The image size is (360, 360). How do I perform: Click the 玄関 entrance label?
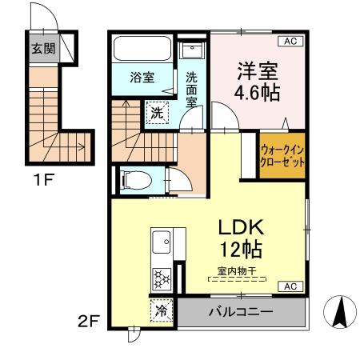pos(42,46)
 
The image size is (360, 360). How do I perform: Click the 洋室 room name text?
pos(256,69)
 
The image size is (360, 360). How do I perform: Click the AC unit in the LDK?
pos(290,286)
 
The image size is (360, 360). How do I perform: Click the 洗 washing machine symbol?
pos(158,112)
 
